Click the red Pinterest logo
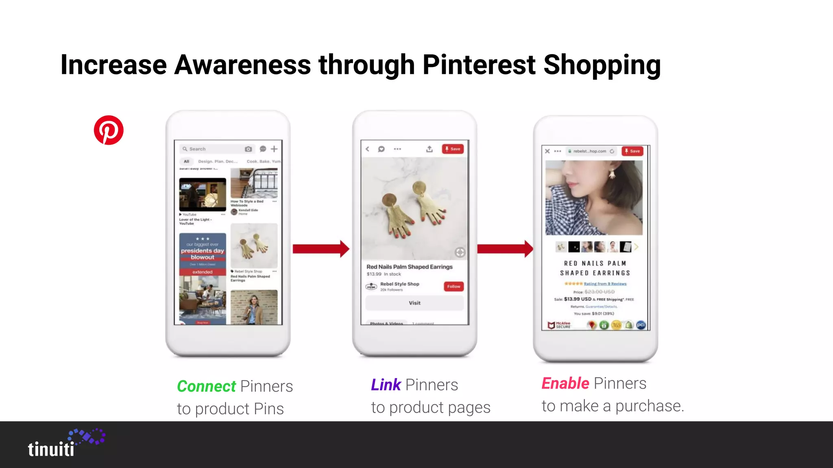(109, 130)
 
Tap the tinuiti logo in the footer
(65, 444)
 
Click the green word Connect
(206, 386)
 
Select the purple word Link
(386, 385)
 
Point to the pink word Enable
(565, 383)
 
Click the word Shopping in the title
(602, 65)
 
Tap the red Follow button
(454, 286)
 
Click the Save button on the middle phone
(453, 149)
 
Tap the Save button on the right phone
(632, 151)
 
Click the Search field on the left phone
(212, 149)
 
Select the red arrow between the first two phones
(321, 249)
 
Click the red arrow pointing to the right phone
(505, 249)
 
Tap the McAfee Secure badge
(560, 325)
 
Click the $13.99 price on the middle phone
(374, 274)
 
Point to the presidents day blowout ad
(203, 254)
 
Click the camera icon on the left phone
(248, 149)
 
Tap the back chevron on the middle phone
(367, 149)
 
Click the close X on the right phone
(547, 151)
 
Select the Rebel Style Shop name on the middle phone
(399, 284)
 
